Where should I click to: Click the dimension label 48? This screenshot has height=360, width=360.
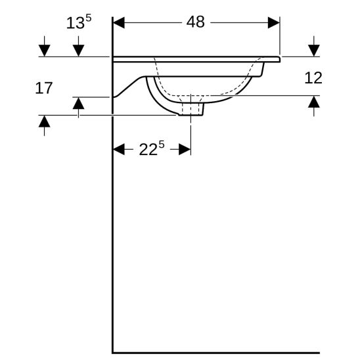coord(195,22)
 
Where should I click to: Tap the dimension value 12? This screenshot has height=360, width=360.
coord(313,78)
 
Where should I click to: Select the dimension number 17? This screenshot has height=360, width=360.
coord(43,88)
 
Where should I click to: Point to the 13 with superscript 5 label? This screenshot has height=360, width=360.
coord(79,22)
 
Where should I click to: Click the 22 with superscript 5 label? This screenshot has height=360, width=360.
coord(152,148)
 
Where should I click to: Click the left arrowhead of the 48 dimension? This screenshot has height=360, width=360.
coord(119,22)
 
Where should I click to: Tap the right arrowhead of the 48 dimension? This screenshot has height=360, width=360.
coord(274,22)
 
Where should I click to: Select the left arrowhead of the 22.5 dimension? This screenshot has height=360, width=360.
coord(119,149)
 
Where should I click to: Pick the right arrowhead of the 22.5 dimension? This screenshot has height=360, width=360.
coord(185,149)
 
